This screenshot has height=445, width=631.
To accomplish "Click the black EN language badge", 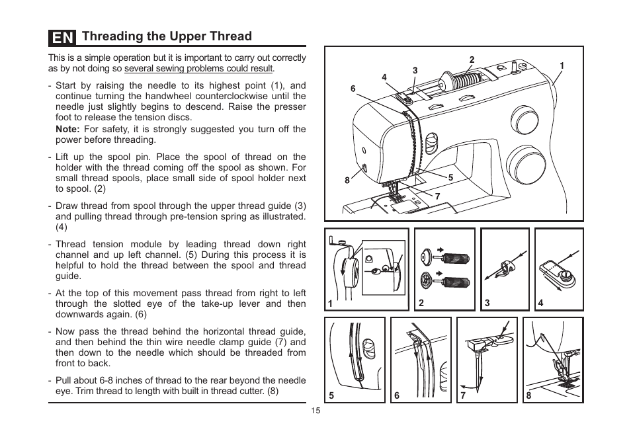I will pos(62,37).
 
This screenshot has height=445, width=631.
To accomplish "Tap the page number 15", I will pos(315,411).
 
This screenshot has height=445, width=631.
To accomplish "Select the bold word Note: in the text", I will pos(67,130).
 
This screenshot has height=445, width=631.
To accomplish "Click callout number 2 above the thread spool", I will pos(472,60).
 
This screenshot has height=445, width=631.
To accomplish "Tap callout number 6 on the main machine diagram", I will pos(353,89).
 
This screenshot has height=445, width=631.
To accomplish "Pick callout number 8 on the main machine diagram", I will pos(347,181).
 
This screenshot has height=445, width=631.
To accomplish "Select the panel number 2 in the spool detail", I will pos(421,303).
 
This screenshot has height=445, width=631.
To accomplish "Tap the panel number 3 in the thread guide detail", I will pos(487,303).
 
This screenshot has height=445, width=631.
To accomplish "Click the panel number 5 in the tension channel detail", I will pos(331,395).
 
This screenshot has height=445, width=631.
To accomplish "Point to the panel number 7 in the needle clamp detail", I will pos(463,395).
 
